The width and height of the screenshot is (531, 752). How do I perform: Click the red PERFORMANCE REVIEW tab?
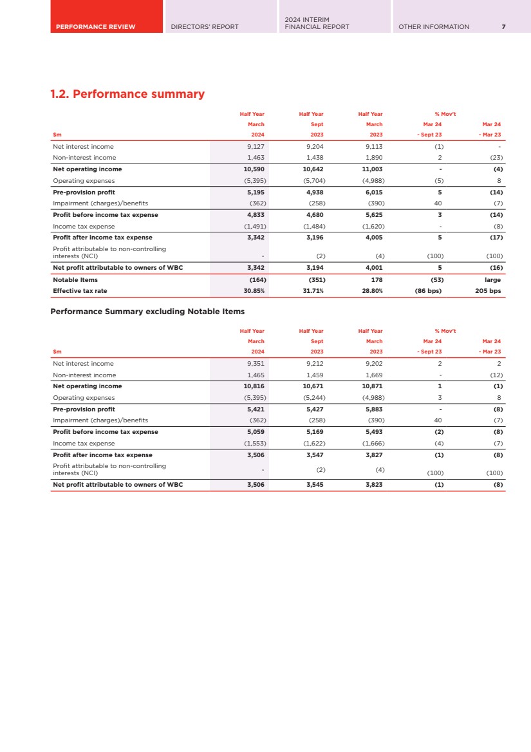(95, 26)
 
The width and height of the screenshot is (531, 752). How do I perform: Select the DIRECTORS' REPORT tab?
(204, 26)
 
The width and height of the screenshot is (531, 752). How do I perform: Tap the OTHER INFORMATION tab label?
(434, 26)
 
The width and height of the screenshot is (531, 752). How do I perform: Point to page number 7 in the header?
(503, 26)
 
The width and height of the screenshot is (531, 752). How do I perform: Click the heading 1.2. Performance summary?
(127, 94)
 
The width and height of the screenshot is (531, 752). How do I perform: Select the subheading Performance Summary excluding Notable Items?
(147, 312)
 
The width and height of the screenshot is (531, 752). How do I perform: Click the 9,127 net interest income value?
(256, 146)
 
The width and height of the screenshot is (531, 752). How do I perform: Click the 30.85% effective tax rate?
(254, 291)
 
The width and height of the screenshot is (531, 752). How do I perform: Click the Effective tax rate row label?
(80, 291)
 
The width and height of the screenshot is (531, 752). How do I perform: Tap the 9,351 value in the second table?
(256, 363)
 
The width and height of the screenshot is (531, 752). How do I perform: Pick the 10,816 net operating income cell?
(254, 386)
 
